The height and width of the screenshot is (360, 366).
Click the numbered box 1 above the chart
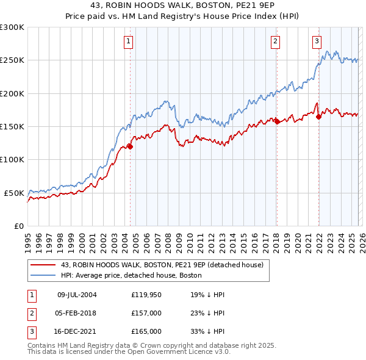pos(129,41)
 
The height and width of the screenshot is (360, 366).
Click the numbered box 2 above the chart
pos(276,41)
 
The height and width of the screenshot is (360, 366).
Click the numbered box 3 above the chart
pos(317,41)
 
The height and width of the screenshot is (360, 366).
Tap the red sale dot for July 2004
pos(130,146)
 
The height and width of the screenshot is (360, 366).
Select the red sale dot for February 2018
pos(277,121)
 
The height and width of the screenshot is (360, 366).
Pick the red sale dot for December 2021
pos(318,117)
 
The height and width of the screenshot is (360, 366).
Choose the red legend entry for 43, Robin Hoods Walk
pos(162,265)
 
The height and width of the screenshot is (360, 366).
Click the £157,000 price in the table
pos(146,313)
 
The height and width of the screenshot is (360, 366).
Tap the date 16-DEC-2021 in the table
pos(76,331)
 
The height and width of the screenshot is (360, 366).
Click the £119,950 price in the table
pos(146,295)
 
